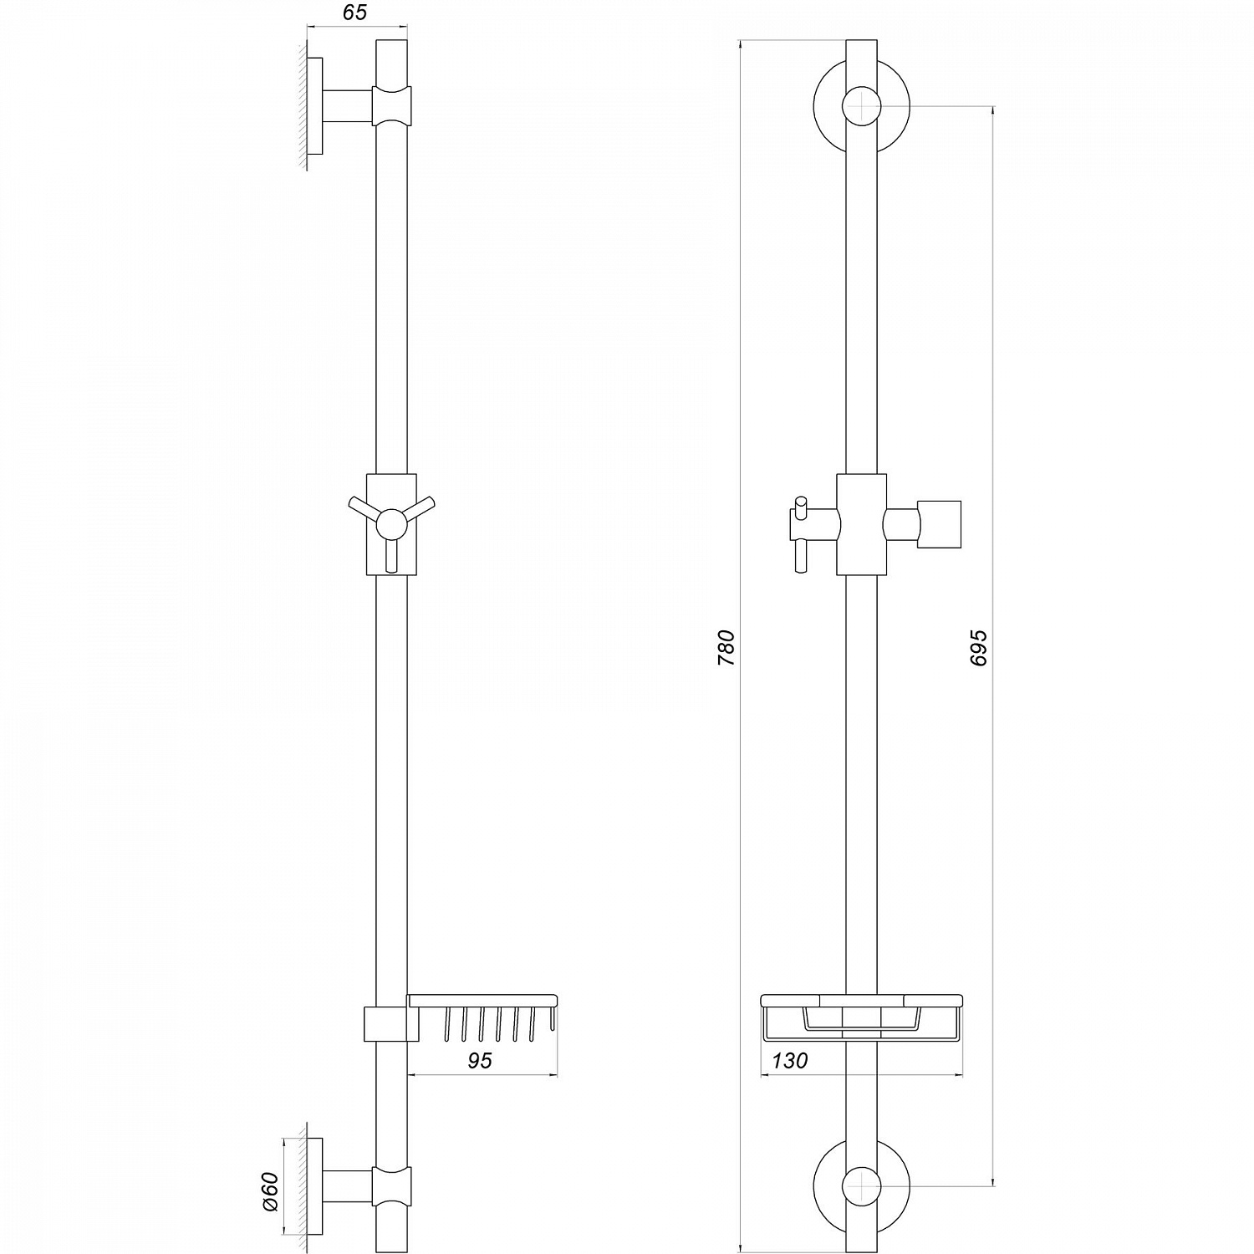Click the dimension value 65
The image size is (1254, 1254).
coord(354,13)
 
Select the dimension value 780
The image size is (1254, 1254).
coord(726,648)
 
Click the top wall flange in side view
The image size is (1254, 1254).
coord(314,106)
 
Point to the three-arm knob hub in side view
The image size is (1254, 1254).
coord(391,524)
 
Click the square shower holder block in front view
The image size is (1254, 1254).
coord(940,524)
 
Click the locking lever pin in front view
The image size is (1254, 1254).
coord(801,535)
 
